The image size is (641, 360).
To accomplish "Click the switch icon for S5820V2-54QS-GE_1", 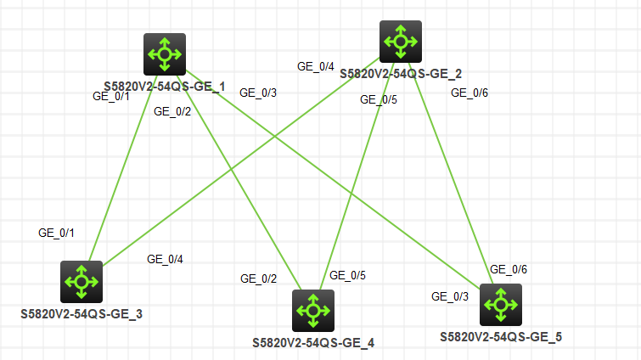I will point(164,54).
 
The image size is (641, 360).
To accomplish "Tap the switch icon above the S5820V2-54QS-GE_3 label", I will point(82,281).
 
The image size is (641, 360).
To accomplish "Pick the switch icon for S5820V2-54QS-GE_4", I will point(312,310).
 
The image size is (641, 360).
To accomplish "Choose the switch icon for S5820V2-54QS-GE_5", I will point(501,304).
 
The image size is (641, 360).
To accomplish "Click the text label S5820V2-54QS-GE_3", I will point(82,314).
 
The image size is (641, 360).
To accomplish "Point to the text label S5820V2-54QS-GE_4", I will point(313,343).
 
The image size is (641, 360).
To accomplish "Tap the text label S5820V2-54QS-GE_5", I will point(501,337).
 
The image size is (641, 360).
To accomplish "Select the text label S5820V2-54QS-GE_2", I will point(401,74).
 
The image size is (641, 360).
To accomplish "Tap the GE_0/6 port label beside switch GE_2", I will point(470,93).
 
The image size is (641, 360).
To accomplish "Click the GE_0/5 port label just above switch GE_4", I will point(347,275).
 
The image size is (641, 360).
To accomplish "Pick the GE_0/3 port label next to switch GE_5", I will point(450,296).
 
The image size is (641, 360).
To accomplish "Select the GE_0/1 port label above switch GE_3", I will point(56,232).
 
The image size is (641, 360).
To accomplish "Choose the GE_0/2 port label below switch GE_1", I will point(172,110).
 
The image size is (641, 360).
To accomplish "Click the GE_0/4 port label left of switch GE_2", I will point(315,65).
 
